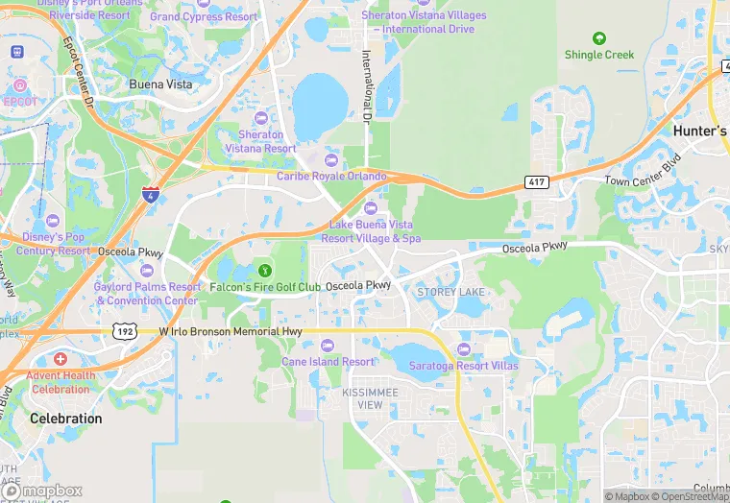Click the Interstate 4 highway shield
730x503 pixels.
[x=149, y=195]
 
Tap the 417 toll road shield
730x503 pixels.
[x=537, y=181]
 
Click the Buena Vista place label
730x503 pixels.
[x=160, y=84]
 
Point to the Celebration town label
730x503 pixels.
[x=65, y=419]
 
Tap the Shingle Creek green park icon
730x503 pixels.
[x=599, y=38]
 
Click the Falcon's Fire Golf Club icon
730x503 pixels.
[x=264, y=272]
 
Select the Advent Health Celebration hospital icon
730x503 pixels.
[x=61, y=359]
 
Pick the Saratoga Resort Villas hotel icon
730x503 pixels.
[x=464, y=349]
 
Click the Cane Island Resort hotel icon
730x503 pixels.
[x=328, y=346]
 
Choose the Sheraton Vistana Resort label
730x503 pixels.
[x=261, y=142]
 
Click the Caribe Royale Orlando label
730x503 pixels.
[x=331, y=177]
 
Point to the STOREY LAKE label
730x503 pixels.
[x=450, y=292]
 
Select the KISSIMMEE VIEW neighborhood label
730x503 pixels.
[x=362, y=399]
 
